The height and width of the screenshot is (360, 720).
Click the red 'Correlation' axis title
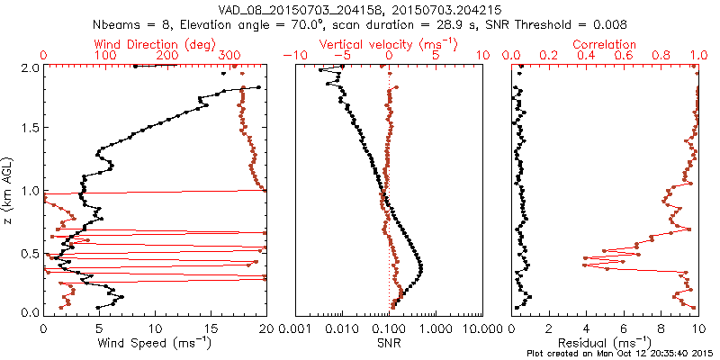[605, 44]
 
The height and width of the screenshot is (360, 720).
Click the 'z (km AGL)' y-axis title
[10, 191]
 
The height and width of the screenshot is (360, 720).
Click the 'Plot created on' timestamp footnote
[620, 353]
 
